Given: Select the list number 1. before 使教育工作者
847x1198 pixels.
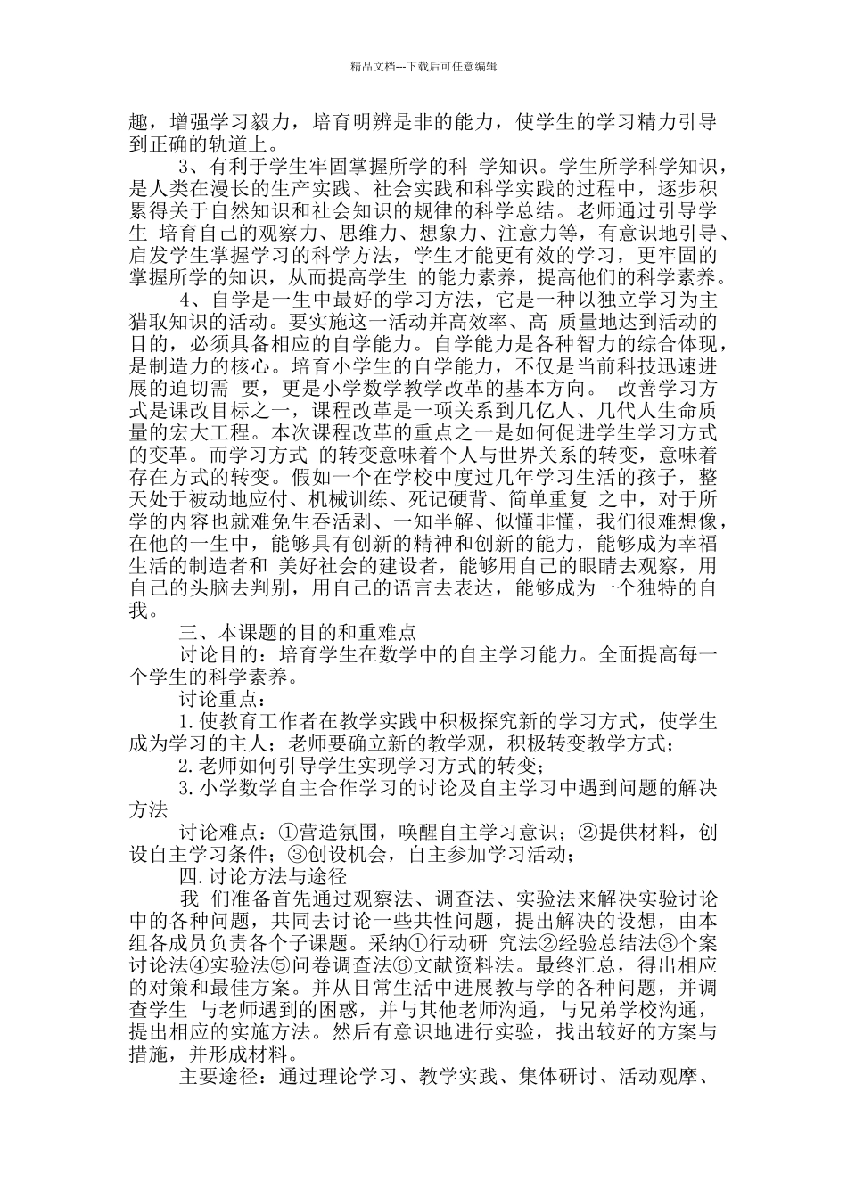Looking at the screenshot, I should coord(187,721).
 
